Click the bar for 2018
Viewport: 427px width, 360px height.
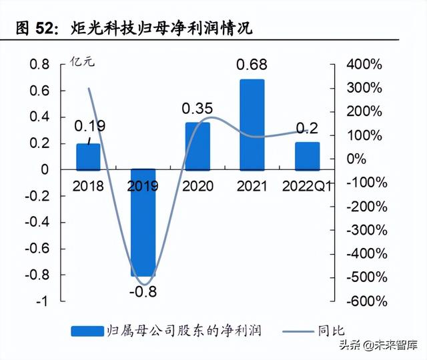[x=88, y=157]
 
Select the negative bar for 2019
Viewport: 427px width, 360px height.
[x=143, y=223]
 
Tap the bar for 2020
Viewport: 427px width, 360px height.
[x=197, y=146]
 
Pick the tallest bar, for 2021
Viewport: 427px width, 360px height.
[x=252, y=125]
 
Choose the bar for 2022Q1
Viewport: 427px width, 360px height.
[x=307, y=156]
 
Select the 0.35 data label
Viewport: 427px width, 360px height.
[x=197, y=108]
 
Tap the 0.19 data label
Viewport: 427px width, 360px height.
[x=89, y=125]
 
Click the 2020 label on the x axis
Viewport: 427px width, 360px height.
[x=197, y=186]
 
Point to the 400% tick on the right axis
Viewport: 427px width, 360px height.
[x=364, y=65]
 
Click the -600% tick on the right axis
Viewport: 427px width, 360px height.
[x=364, y=301]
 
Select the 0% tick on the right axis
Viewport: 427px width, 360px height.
[x=357, y=159]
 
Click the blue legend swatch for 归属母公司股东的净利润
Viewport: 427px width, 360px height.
[x=86, y=331]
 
